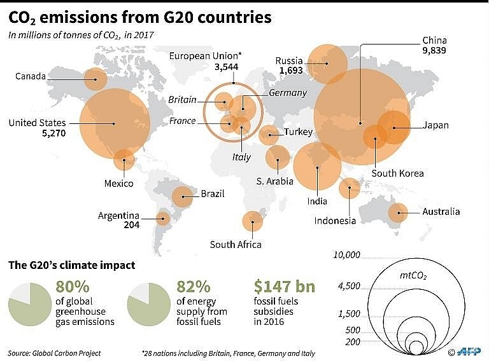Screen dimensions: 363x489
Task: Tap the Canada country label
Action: click(x=31, y=76)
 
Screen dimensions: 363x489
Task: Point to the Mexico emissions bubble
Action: click(x=124, y=160)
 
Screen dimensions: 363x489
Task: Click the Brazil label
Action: click(x=212, y=194)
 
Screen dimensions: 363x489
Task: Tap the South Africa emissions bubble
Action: click(x=253, y=221)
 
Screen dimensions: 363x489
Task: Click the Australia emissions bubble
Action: click(x=399, y=212)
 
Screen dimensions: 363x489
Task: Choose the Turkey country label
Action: click(x=298, y=132)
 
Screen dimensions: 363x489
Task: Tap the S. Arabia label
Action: click(x=275, y=181)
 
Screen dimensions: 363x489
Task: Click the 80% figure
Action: click(x=73, y=288)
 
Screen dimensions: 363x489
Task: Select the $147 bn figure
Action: click(x=284, y=287)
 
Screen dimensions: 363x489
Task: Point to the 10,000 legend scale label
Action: click(x=346, y=255)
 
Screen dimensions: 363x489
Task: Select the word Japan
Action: click(x=436, y=125)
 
